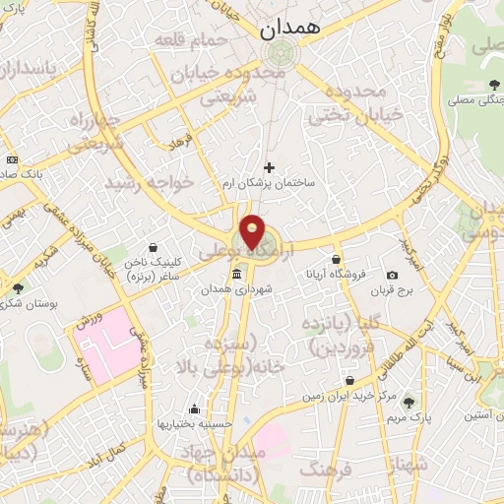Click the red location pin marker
tap(254, 230)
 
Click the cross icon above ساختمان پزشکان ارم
tap(269, 167)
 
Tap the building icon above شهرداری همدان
tap(236, 275)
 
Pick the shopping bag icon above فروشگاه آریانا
tap(337, 258)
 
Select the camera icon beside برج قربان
tap(392, 275)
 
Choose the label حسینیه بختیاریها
tap(195, 424)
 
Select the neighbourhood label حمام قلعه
tap(193, 38)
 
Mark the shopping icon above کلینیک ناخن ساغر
tap(153, 248)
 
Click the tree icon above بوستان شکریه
tap(19, 288)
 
